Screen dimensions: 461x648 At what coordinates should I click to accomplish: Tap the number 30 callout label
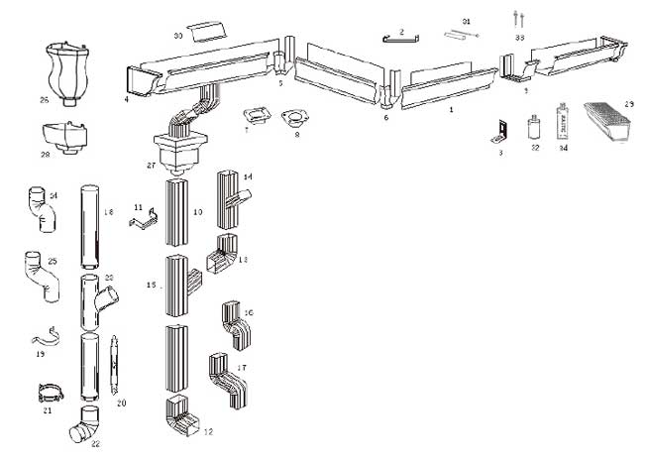(x=178, y=36)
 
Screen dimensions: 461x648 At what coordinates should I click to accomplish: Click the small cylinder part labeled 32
(x=535, y=127)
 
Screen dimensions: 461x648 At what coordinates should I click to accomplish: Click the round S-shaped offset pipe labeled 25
(x=40, y=275)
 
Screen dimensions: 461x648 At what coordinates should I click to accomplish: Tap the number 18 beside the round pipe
(x=109, y=212)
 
